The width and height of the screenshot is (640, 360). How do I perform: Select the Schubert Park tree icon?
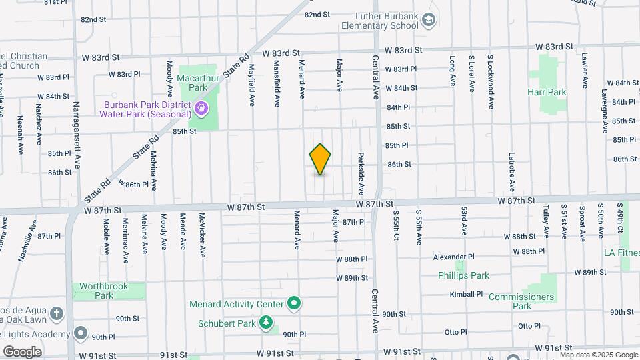(267, 323)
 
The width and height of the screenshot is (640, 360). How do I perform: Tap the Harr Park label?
(546, 91)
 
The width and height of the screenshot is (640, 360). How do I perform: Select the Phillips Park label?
(463, 275)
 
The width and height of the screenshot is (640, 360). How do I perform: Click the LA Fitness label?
(621, 253)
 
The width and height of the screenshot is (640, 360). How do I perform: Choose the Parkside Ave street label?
(361, 173)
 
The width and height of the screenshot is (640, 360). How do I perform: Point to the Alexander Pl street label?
(453, 257)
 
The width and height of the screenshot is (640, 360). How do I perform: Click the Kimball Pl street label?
(466, 294)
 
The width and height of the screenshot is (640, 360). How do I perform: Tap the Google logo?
(22, 352)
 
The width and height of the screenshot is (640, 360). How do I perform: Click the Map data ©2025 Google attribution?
(599, 355)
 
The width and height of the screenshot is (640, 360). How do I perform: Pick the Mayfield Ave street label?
(252, 85)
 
